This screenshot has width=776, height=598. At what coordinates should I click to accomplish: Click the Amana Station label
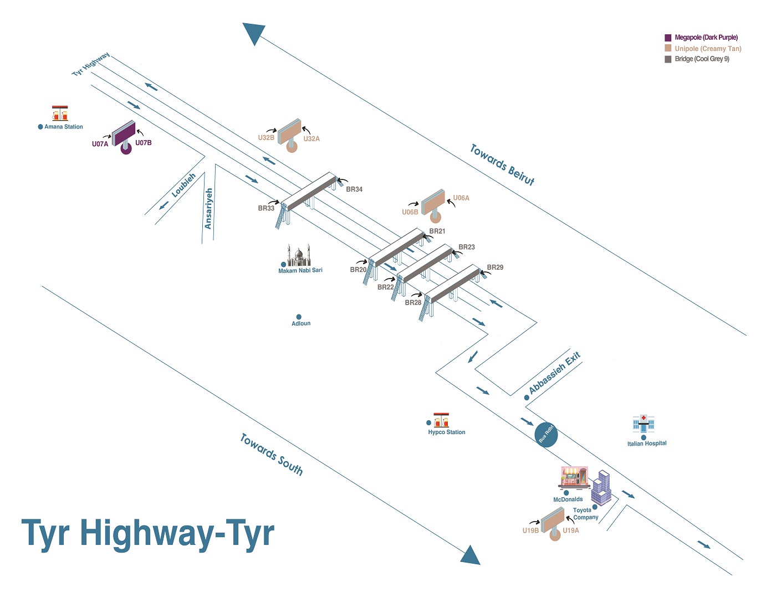coord(63,127)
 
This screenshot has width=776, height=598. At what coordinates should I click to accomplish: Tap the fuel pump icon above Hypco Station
coord(441,420)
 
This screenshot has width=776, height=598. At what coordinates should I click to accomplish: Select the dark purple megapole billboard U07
coord(124,134)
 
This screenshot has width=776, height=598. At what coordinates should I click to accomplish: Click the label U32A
coord(312,139)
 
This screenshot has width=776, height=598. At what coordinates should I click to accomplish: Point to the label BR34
coord(354,189)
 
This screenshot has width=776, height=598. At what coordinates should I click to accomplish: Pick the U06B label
coord(410,212)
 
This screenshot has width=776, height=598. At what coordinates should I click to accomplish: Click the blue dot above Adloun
coord(299,317)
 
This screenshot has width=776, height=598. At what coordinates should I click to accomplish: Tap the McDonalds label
coord(568,499)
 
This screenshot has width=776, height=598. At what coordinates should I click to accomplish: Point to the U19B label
coord(530,530)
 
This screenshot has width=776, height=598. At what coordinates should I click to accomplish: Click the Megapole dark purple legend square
coord(668,38)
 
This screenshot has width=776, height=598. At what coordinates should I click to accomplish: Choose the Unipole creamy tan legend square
coord(668,48)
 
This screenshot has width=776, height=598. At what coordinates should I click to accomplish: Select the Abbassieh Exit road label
coord(554,373)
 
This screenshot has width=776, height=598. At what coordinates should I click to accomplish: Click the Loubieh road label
coord(183,185)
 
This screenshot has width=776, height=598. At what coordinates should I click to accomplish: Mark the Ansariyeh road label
coord(208,208)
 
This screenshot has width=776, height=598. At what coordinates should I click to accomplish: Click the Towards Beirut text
coord(502,164)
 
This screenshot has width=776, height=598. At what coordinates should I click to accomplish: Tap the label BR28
coord(413,303)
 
